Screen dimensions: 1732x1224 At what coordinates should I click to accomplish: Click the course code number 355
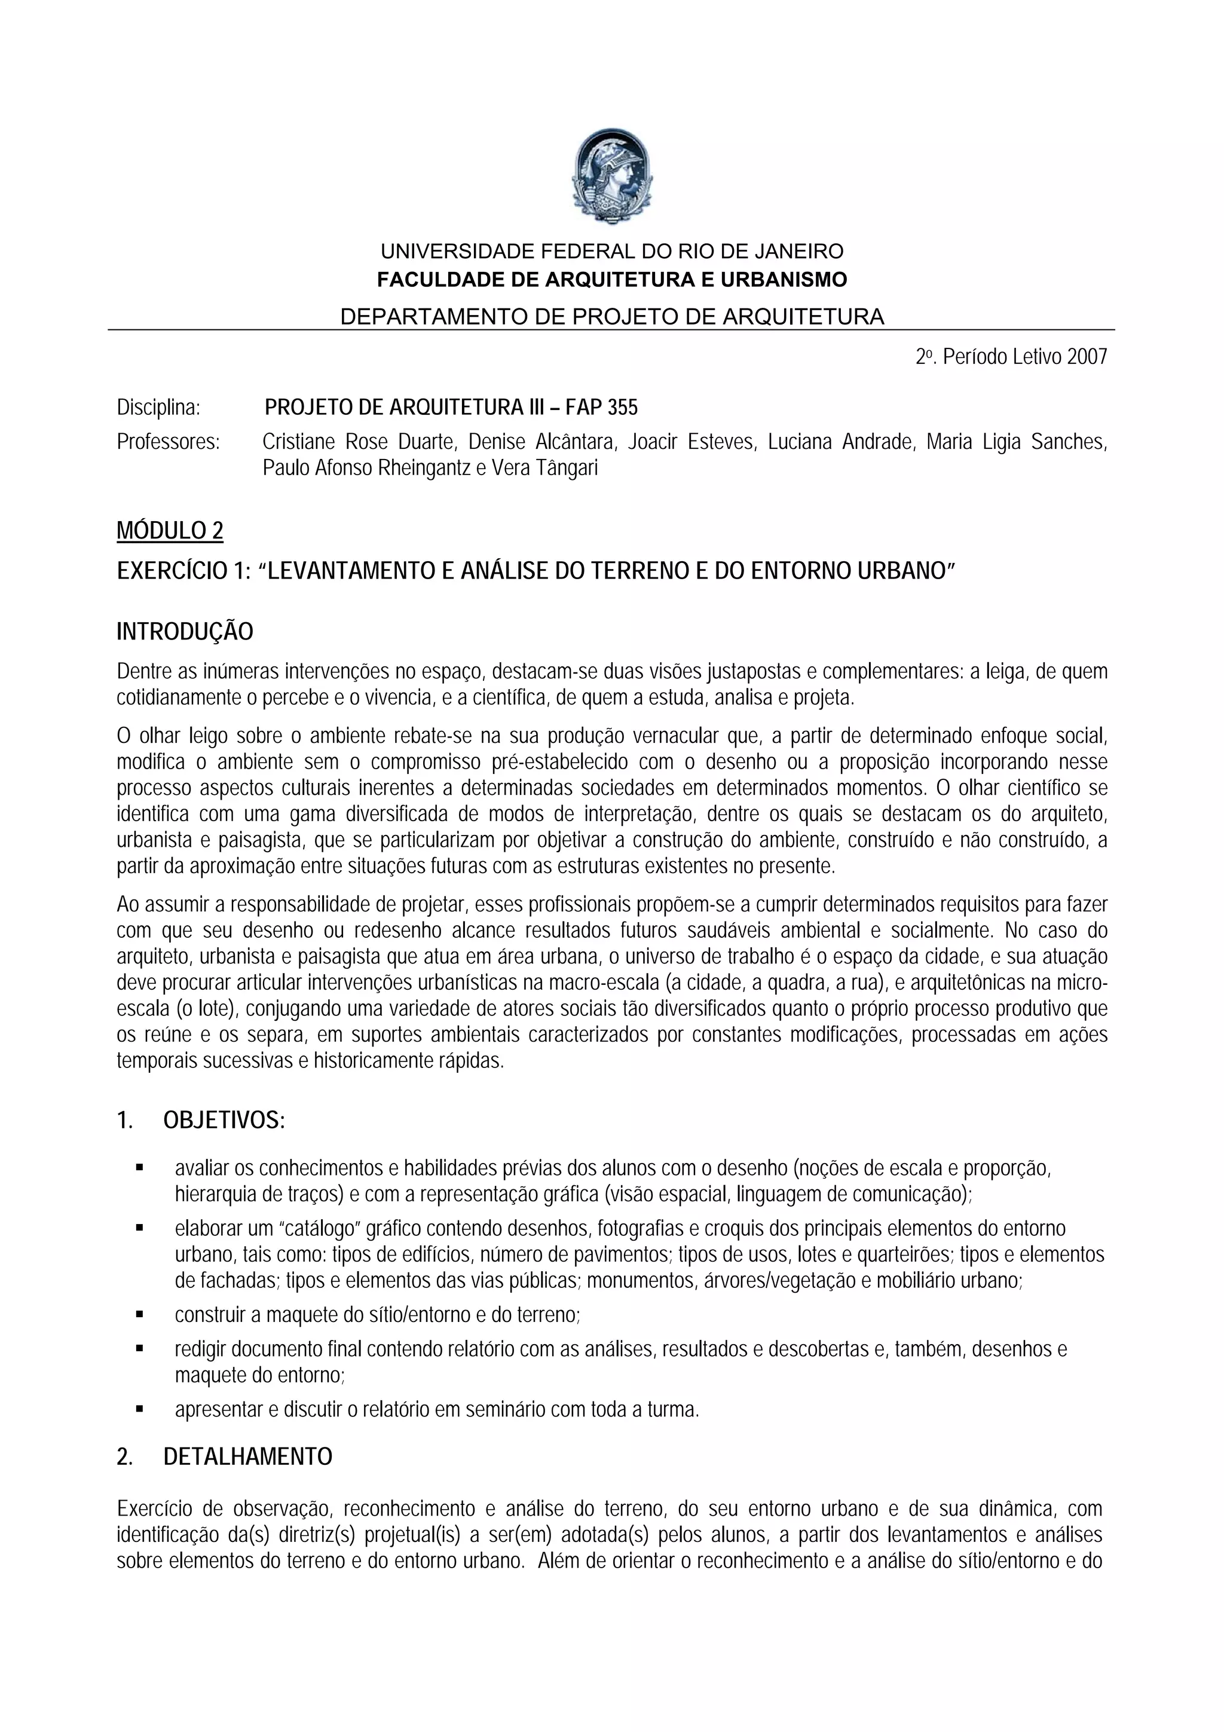pyautogui.click(x=623, y=408)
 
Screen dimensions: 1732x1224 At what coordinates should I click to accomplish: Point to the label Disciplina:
pyautogui.click(x=158, y=408)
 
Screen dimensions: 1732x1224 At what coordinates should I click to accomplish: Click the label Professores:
pyautogui.click(x=168, y=442)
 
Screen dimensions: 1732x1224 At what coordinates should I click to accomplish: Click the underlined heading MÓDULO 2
pyautogui.click(x=170, y=531)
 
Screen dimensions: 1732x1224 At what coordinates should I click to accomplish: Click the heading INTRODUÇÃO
pyautogui.click(x=185, y=631)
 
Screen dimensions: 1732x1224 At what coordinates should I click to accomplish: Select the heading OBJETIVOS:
pyautogui.click(x=224, y=1121)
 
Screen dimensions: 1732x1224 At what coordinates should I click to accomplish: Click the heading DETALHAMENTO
pyautogui.click(x=247, y=1456)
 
